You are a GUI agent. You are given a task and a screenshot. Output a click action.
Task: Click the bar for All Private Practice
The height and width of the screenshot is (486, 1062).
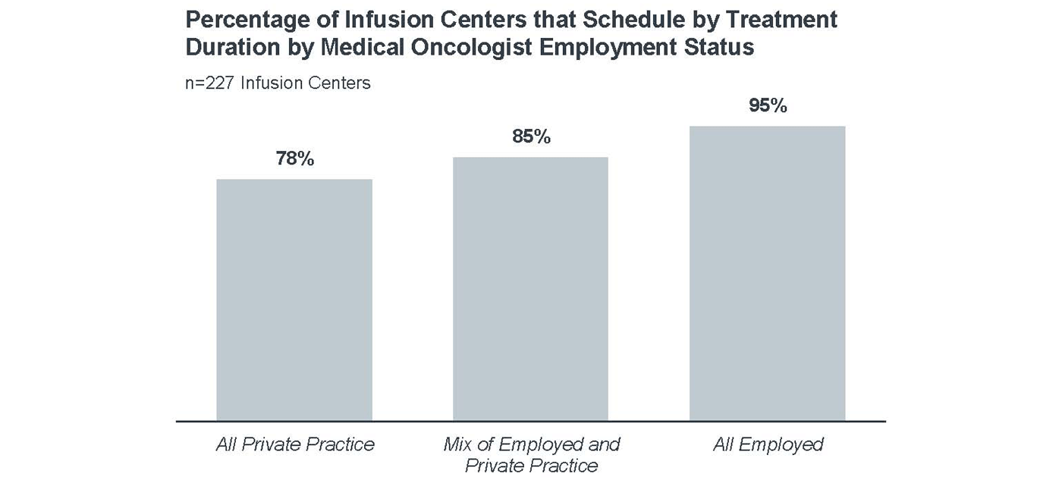click(294, 299)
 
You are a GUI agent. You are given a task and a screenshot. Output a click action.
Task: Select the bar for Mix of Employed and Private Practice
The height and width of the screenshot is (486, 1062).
click(530, 288)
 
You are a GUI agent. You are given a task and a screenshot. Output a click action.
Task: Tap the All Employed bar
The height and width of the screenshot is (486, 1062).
click(767, 273)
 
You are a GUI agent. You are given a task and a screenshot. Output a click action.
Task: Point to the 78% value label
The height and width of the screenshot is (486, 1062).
click(294, 159)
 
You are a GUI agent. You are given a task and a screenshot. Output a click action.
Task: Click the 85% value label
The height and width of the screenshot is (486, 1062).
click(530, 137)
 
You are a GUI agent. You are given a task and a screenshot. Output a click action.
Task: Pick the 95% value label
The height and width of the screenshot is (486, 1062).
click(767, 106)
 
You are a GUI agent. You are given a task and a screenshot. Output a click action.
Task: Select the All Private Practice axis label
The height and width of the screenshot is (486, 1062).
click(294, 444)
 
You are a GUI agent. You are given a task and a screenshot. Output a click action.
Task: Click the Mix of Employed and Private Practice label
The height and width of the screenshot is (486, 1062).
click(531, 454)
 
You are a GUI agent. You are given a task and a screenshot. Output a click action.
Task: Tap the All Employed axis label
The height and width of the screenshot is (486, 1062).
click(768, 444)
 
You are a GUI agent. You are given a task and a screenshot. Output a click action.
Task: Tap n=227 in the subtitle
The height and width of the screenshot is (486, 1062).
click(210, 83)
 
